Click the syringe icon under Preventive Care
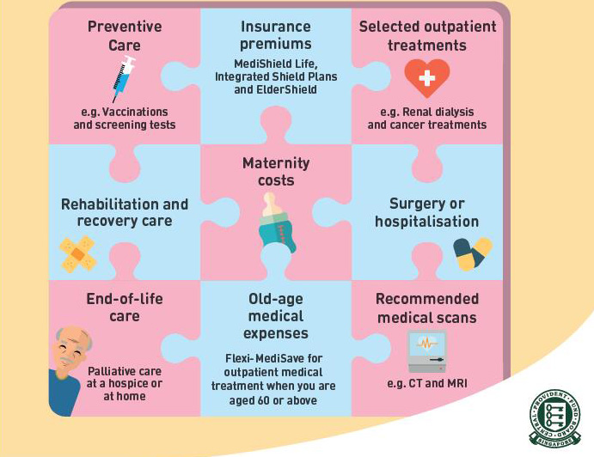(x=125, y=79)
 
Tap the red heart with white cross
(x=427, y=79)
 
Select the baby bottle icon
(x=277, y=223)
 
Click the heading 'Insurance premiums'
(x=276, y=35)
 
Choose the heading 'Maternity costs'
(x=276, y=172)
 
